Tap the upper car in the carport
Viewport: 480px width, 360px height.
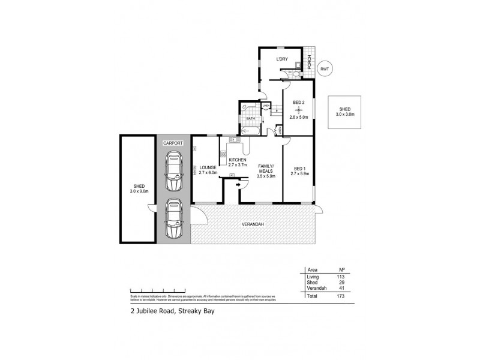[173, 169]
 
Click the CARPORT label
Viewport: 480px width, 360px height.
[173, 143]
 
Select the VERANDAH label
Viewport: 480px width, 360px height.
[254, 224]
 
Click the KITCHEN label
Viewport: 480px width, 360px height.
[238, 160]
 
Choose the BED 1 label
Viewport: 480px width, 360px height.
[298, 169]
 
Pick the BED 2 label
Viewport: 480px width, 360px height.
[299, 103]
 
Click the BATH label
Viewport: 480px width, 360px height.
[250, 119]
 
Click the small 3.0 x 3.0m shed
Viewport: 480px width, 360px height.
[344, 112]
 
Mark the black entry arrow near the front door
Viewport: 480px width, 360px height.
[239, 185]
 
